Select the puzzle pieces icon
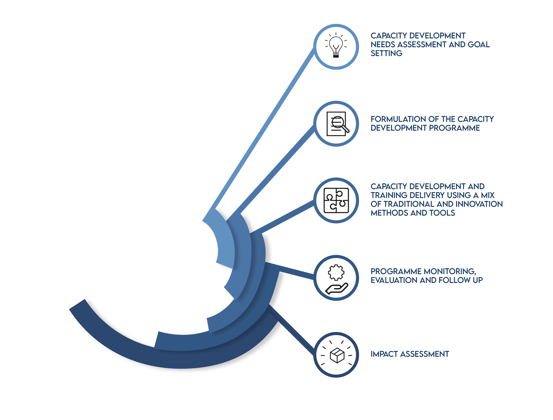(x=336, y=201)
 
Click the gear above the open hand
(x=336, y=272)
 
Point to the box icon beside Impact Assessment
(x=337, y=355)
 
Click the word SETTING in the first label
(x=386, y=53)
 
